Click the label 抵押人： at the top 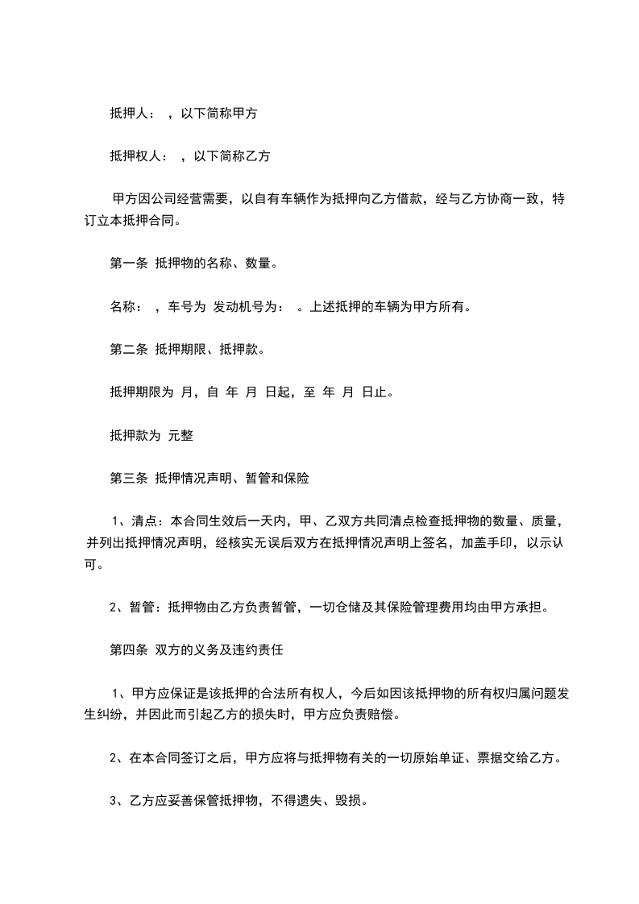(134, 114)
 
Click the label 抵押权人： (140, 157)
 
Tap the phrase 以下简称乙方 (232, 157)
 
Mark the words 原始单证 (436, 758)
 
